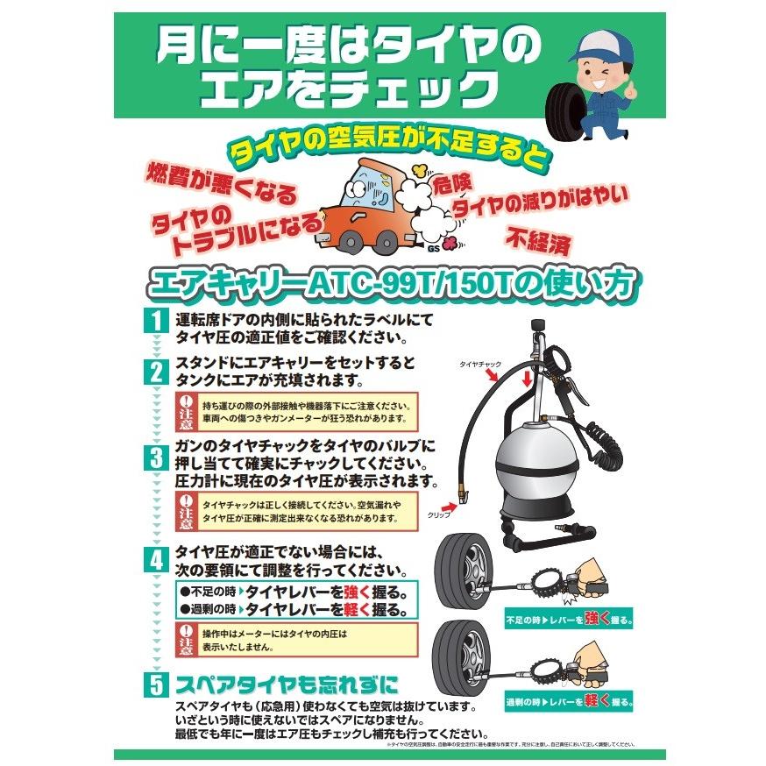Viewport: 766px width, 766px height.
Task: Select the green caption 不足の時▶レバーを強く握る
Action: click(569, 619)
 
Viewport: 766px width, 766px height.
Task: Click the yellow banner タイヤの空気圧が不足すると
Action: click(390, 149)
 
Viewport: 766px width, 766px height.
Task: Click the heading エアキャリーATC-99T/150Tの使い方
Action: click(394, 282)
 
